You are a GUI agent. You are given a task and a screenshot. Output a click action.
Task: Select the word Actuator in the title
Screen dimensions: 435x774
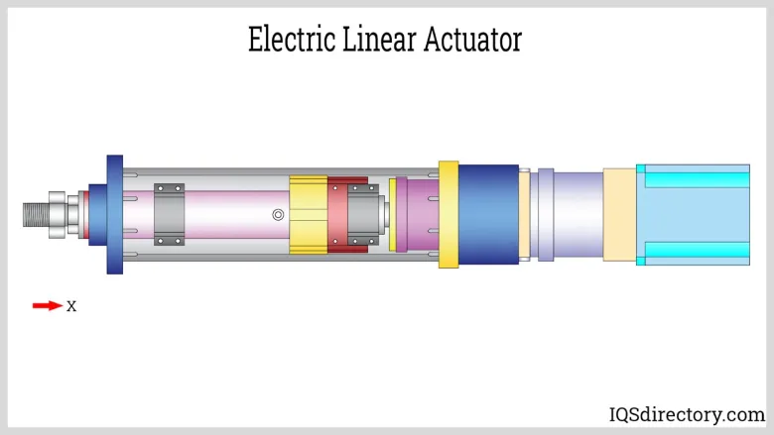click(x=471, y=40)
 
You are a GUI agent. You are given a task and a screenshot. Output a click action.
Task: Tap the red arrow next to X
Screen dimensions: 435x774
click(x=47, y=306)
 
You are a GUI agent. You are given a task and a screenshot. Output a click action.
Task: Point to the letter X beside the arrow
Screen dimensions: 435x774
click(x=71, y=306)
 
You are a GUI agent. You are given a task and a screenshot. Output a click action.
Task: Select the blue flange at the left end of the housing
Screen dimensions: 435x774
click(x=114, y=214)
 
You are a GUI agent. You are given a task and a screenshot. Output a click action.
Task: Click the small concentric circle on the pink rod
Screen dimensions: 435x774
click(x=279, y=214)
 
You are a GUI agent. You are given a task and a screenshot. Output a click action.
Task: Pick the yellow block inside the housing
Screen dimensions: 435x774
click(x=308, y=214)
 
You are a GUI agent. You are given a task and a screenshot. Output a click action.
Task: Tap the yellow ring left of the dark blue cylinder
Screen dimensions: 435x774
click(x=449, y=214)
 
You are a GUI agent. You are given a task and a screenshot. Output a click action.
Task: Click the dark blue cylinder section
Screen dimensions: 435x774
click(x=488, y=214)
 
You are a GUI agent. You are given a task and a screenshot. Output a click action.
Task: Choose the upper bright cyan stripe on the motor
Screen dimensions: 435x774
click(x=695, y=176)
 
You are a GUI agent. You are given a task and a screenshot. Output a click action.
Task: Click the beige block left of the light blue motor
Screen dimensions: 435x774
click(x=618, y=214)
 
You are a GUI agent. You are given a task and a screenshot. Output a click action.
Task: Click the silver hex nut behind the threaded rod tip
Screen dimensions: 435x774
click(x=57, y=214)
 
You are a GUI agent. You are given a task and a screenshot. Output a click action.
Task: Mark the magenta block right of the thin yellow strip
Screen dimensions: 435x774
click(x=418, y=214)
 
